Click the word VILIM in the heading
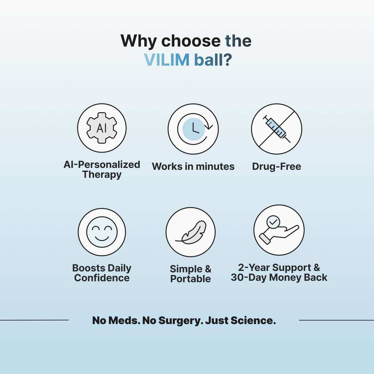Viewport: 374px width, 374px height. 167,60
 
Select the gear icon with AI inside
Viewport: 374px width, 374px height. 102,128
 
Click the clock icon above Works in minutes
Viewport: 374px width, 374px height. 193,129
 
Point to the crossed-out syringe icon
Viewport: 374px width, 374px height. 276,129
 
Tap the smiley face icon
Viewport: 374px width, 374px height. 102,232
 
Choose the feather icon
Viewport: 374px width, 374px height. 191,232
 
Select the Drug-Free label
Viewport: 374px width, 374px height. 276,166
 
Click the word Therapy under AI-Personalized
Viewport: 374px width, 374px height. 102,175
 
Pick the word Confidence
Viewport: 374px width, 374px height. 102,278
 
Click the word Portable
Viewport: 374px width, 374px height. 190,279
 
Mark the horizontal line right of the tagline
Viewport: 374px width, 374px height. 336,320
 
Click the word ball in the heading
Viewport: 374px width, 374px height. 209,60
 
